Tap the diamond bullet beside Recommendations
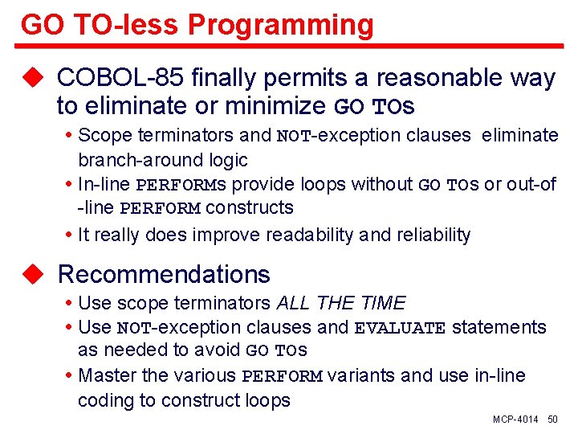pos(32,274)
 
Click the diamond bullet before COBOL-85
pos(32,78)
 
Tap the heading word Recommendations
pos(164,274)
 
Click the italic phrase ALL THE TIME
pos(341,303)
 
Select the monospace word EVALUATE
pos(400,328)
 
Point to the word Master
pos(107,375)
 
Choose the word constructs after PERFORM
pos(250,208)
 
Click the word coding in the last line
pos(105,400)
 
